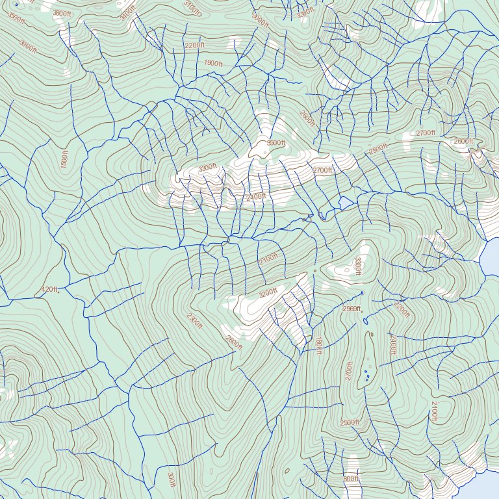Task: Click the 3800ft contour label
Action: pos(62,13)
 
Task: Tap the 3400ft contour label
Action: pos(129,12)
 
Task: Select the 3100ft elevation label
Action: pos(192,8)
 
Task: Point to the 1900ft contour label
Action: pos(213,64)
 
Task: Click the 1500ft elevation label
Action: pos(64,159)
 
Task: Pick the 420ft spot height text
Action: pos(49,289)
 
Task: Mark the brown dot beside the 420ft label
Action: pos(58,292)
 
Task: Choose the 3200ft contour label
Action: pos(272,293)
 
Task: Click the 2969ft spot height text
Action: pos(351,309)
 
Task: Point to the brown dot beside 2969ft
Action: pos(361,312)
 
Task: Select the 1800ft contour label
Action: pos(318,344)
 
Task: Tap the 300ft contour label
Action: pos(171,480)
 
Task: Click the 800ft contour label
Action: pos(351,479)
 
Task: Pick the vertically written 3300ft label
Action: pos(357,266)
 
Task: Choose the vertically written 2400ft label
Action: pos(392,345)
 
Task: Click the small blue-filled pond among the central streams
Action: pos(345,203)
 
